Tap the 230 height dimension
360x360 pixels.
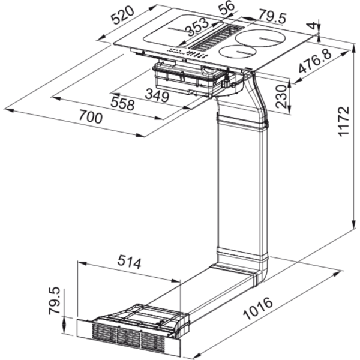(x=282, y=96)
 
